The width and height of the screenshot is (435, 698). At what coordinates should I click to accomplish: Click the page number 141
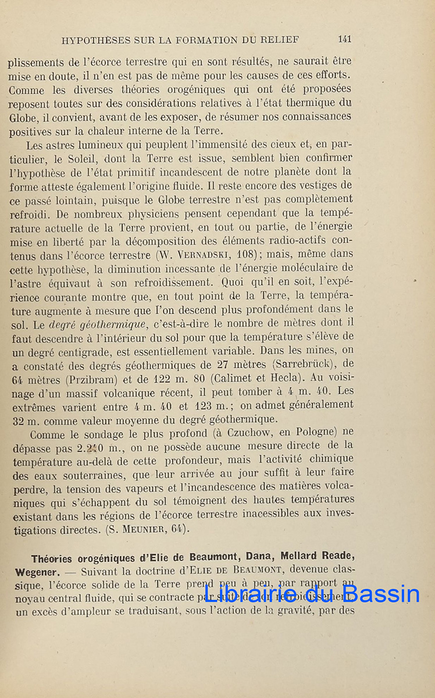[344, 40]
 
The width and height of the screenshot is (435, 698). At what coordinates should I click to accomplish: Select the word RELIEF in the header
[281, 40]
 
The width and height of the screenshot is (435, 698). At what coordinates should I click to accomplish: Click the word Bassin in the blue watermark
[381, 593]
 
